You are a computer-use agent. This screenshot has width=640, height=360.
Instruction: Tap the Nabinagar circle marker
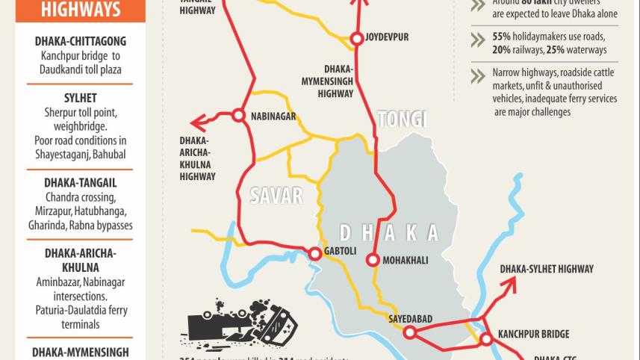238,115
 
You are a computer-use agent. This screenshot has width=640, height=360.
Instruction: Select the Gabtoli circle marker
314,254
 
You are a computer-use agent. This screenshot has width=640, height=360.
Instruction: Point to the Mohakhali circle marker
372,260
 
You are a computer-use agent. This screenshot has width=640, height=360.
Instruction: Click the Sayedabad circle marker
409,333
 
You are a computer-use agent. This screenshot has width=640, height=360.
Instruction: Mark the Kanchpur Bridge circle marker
486,340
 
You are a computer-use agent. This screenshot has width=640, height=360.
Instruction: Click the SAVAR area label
276,196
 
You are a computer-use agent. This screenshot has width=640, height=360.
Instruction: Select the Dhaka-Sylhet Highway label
547,269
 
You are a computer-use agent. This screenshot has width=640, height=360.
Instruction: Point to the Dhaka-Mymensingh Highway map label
336,80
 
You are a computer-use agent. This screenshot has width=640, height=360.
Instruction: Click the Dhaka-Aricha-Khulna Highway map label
197,158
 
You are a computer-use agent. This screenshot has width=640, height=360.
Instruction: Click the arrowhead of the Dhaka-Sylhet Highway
513,283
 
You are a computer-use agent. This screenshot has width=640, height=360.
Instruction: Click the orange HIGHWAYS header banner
81,10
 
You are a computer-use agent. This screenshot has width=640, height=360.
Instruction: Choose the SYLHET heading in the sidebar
81,98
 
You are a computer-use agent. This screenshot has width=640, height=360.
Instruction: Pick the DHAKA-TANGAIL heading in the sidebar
81,182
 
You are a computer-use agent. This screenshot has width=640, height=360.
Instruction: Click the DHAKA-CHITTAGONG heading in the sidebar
81,42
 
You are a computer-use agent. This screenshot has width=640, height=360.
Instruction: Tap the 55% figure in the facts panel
502,37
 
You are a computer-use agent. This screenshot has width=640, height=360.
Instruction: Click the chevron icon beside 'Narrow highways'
478,75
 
